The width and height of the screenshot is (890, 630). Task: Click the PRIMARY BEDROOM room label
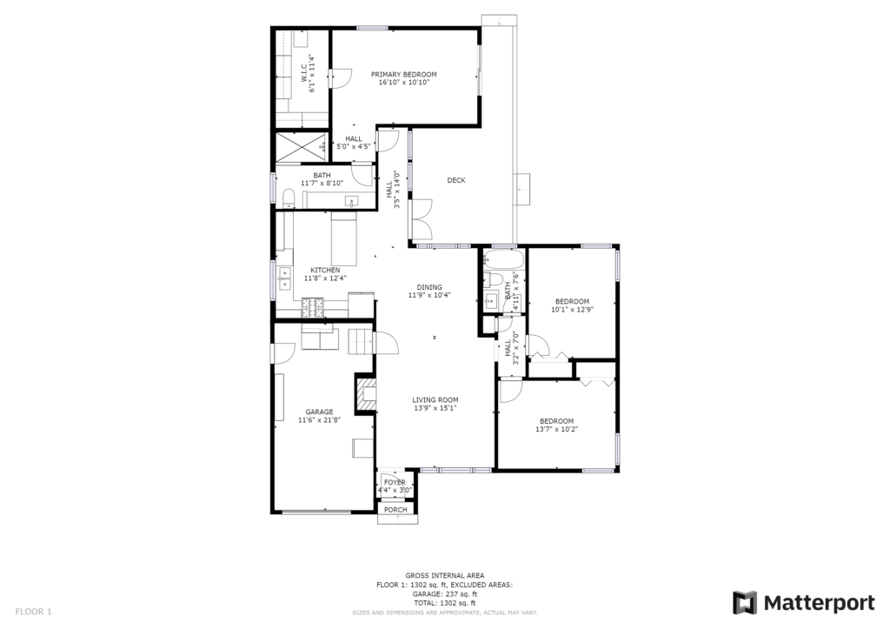pos(403,75)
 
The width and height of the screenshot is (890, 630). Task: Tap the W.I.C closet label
pos(304,76)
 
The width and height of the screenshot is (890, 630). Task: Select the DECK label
pos(456,181)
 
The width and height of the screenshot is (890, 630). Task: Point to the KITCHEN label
pos(325,271)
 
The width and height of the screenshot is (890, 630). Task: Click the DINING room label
pos(429,287)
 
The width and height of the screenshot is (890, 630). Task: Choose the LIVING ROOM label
pos(435,400)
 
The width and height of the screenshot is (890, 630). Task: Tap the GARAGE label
pos(319,412)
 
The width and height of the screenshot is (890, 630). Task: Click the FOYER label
pos(395,482)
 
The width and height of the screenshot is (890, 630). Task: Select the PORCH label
pos(395,510)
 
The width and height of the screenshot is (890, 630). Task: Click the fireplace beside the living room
pos(365,394)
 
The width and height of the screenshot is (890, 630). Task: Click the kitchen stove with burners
pos(314,307)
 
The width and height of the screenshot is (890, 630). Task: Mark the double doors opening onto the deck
pos(422,219)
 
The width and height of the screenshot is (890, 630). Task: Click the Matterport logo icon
pos(745,603)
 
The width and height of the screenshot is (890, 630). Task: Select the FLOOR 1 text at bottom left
pos(34,612)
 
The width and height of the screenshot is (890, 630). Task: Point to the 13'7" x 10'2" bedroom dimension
pos(556,429)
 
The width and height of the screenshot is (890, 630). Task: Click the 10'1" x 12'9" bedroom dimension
pos(572,310)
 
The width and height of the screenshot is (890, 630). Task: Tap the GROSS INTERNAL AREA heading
pos(444,575)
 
